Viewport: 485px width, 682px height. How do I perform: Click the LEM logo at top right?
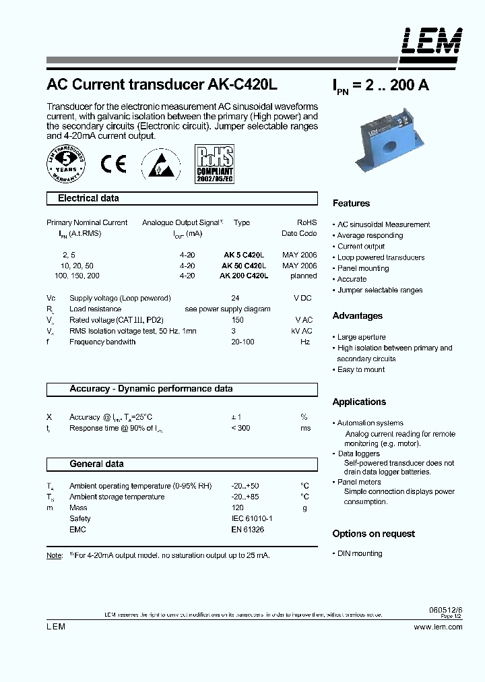tap(432, 41)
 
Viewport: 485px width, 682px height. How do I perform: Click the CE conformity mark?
tap(112, 164)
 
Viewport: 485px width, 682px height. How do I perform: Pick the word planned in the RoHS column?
tap(303, 276)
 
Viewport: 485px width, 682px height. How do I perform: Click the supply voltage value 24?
tap(235, 299)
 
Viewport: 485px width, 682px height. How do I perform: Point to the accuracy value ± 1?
tap(236, 418)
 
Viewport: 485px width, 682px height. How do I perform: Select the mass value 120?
tap(237, 508)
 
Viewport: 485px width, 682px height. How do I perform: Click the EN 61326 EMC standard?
tap(247, 530)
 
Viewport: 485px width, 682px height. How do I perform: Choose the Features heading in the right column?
tap(351, 204)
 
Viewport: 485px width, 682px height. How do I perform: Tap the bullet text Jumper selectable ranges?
tap(380, 290)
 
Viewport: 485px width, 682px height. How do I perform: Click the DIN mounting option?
tap(360, 554)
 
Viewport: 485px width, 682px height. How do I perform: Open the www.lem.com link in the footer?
tap(438, 627)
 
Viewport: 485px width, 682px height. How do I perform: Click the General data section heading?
tap(96, 464)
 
